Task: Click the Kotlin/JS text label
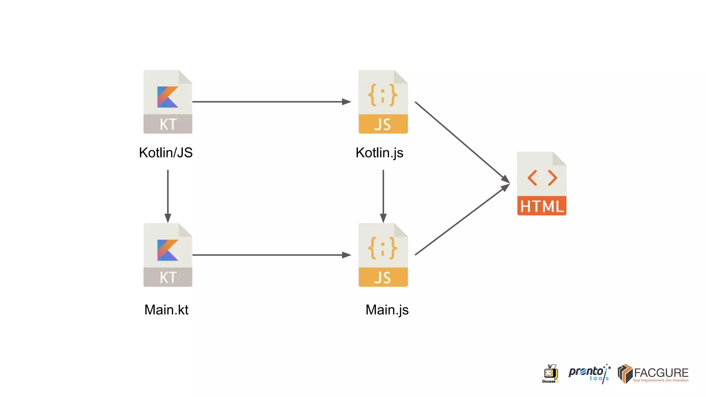166,153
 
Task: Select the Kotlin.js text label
379,153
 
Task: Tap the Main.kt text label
166,309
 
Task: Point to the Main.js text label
387,309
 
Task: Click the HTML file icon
542,184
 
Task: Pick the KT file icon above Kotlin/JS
168,102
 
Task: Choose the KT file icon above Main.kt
168,255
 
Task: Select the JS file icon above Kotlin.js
383,102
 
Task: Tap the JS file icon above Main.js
383,255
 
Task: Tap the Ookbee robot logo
550,374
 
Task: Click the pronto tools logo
589,374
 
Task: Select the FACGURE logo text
660,373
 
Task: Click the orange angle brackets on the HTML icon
542,178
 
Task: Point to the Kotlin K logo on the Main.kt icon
168,250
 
